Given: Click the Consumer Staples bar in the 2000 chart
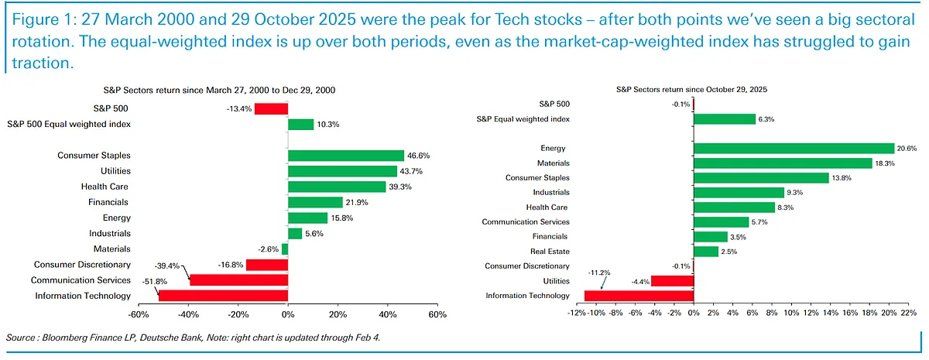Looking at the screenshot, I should pyautogui.click(x=345, y=156).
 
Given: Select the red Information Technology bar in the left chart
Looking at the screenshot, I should pyautogui.click(x=223, y=295).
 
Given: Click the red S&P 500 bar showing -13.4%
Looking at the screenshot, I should pyautogui.click(x=271, y=109).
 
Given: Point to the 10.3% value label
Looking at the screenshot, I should pyautogui.click(x=329, y=124).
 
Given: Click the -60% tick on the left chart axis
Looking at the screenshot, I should pyautogui.click(x=138, y=315).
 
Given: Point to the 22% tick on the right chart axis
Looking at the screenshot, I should pyautogui.click(x=909, y=314).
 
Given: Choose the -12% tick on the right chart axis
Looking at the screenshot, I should pyautogui.click(x=576, y=314).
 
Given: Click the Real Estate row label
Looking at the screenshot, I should pyautogui.click(x=550, y=252).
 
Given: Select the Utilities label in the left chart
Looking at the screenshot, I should pyautogui.click(x=115, y=171).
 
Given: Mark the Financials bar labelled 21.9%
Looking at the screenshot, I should pyautogui.click(x=315, y=202).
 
